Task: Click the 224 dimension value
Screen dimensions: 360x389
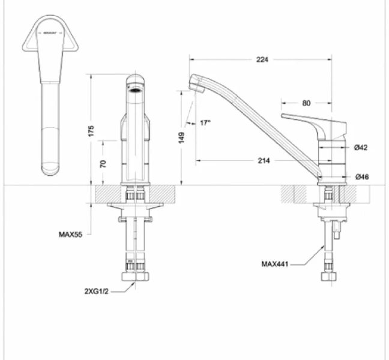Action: tap(262, 59)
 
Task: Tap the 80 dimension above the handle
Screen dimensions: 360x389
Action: tap(307, 103)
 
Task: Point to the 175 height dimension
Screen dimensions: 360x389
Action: tap(91, 131)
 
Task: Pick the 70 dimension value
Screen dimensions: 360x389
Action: tap(103, 163)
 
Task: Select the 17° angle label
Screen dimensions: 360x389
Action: tap(205, 123)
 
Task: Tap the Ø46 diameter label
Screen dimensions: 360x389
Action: tap(361, 176)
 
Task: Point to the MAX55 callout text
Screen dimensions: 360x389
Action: tap(70, 235)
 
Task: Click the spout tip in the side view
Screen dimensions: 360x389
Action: tap(194, 83)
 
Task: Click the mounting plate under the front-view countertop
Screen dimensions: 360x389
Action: tap(136, 206)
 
